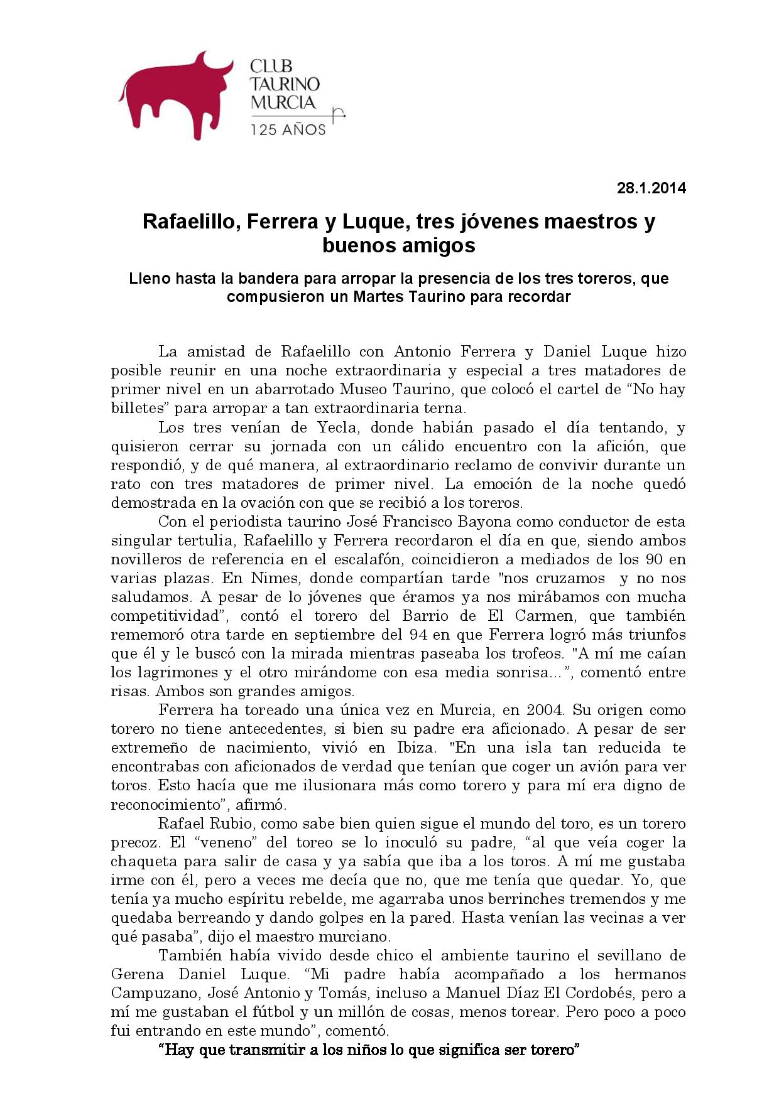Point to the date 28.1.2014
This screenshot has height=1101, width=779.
(x=651, y=188)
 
